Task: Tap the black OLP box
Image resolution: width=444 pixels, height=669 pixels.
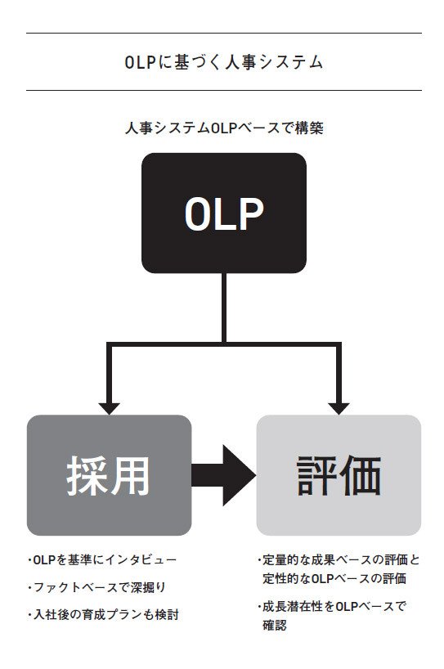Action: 224,213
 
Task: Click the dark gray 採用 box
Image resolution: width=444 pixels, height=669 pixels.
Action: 109,475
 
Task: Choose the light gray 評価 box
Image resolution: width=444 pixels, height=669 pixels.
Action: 339,475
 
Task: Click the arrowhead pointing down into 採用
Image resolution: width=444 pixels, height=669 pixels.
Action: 109,407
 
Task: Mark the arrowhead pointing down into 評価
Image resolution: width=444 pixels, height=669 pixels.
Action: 339,407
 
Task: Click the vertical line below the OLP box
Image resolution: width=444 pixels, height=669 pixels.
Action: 224,307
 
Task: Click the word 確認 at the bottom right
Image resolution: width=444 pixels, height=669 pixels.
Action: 275,626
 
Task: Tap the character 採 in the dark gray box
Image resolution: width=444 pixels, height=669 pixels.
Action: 87,475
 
